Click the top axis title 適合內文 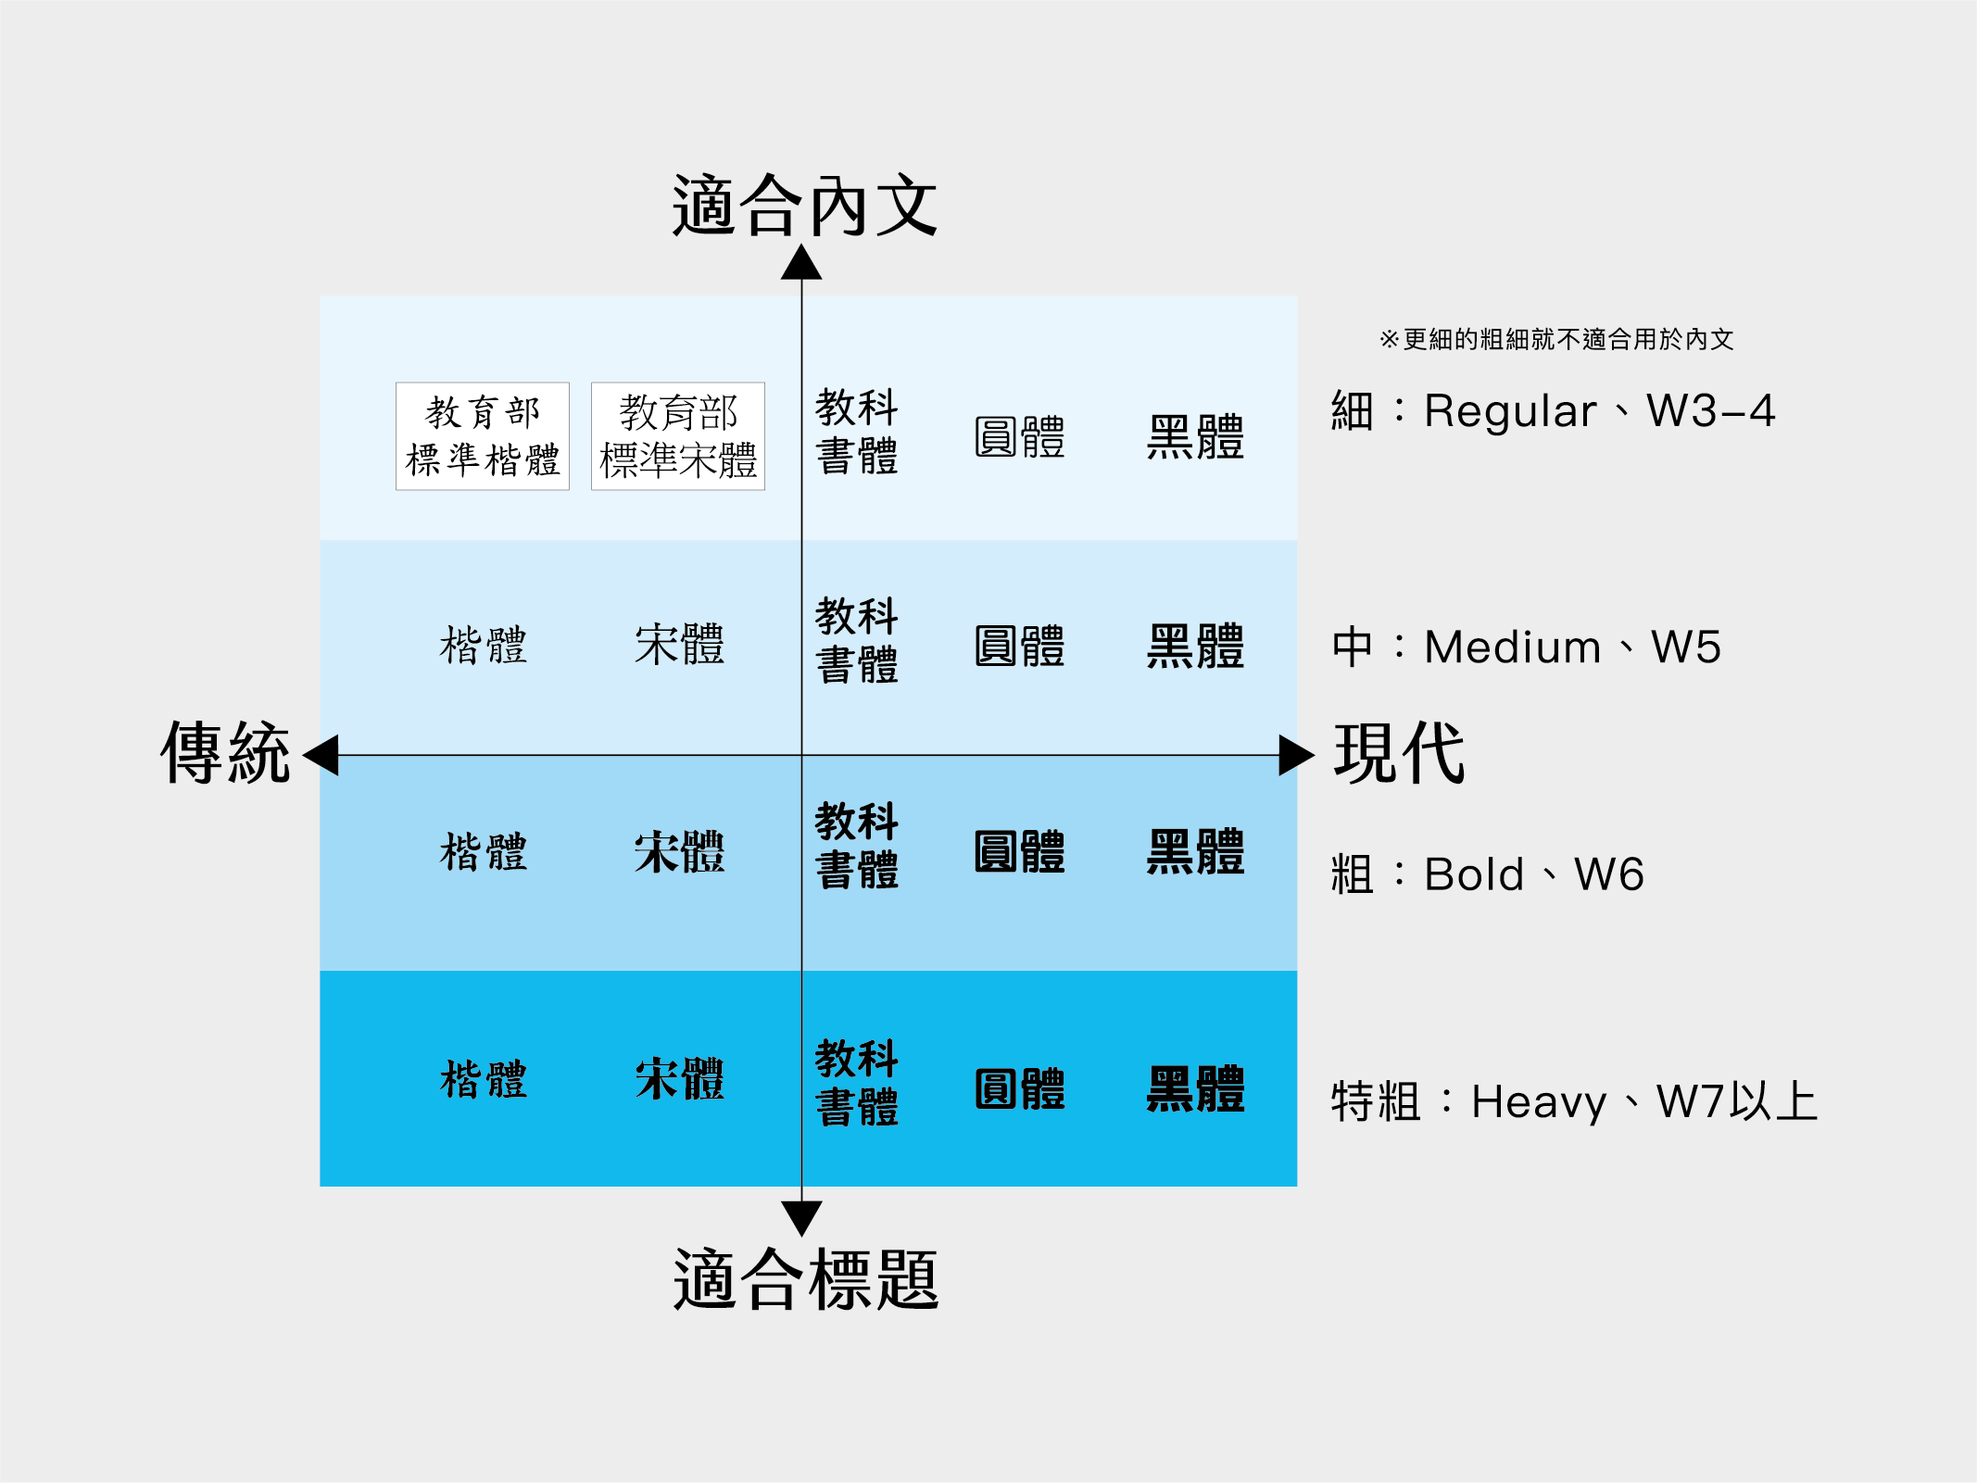pos(804,206)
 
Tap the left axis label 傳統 pos(225,752)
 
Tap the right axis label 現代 pos(1399,752)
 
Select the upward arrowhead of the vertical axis pos(801,262)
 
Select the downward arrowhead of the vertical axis pos(801,1218)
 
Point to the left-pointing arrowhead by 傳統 pos(321,755)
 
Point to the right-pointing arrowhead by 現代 pos(1296,755)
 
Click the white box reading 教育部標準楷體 pos(483,436)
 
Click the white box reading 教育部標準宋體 pos(678,436)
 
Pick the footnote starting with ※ pos(1556,339)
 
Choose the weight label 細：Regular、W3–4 pos(1554,410)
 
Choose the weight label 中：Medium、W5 pos(1526,647)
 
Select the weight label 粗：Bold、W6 pos(1488,873)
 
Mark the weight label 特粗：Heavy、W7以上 pos(1575,1101)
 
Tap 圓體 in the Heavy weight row pos(1019,1089)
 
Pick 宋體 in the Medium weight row pos(679,645)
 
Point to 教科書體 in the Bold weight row pos(857,846)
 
